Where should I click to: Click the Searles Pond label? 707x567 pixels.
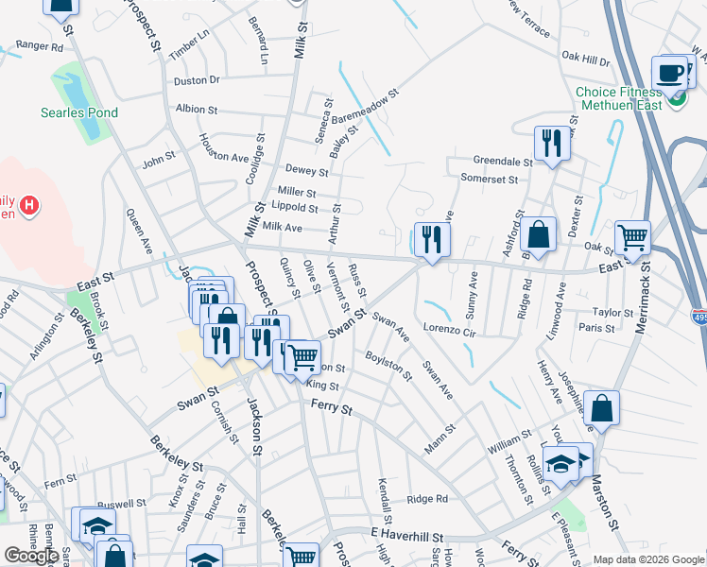(x=79, y=112)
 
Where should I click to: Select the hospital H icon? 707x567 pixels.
(x=29, y=203)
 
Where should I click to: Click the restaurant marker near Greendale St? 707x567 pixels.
(x=552, y=143)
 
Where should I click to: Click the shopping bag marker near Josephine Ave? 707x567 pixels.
(x=601, y=408)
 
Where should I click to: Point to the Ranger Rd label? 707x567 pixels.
(x=39, y=45)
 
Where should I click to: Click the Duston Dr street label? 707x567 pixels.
(x=197, y=80)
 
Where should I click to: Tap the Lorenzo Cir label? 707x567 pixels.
(x=449, y=331)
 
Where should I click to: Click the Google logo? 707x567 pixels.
(x=31, y=556)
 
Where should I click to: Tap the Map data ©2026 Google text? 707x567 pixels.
(x=648, y=559)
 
